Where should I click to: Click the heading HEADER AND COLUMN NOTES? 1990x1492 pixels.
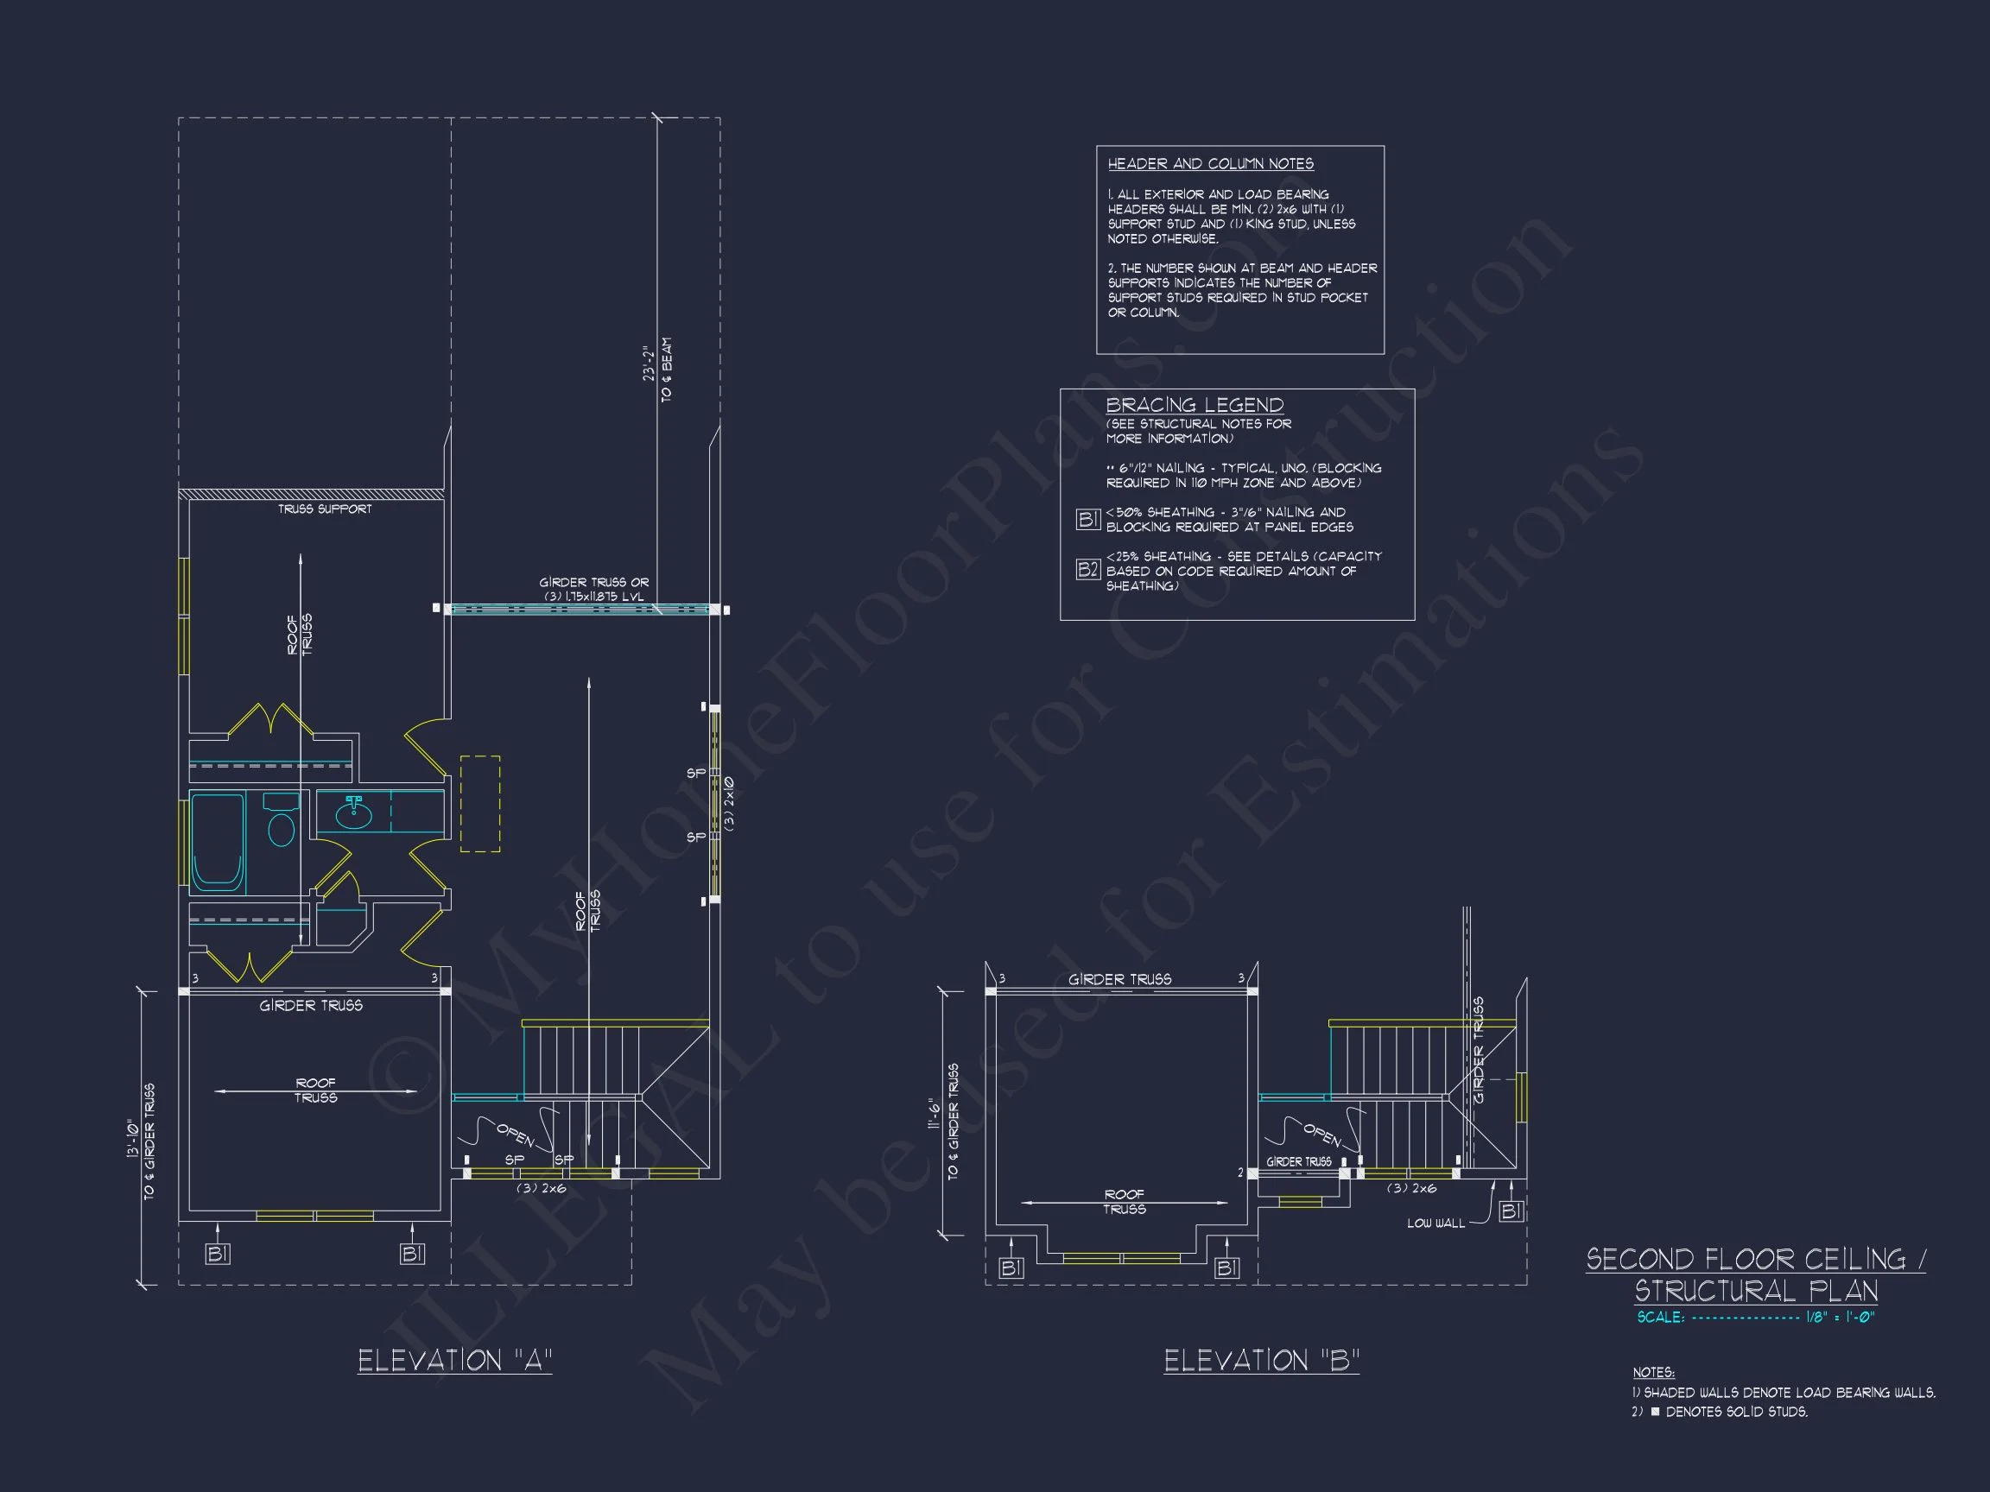[1210, 164]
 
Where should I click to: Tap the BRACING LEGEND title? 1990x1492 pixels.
[1194, 405]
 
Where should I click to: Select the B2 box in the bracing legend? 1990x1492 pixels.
[1087, 569]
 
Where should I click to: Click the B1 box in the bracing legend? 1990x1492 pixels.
[1087, 519]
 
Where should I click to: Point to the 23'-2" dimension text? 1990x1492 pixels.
[648, 364]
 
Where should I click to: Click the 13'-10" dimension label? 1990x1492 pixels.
[133, 1139]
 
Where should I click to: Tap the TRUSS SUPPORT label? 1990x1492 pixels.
[324, 509]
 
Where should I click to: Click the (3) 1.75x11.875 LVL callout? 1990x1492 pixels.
[593, 597]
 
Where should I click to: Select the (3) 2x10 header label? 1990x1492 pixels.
[729, 804]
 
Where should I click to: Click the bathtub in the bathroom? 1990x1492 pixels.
[217, 842]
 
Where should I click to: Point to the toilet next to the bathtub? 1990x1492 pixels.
[282, 822]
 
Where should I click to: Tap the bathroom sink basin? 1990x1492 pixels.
[353, 816]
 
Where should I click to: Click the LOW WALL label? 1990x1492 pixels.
[1435, 1223]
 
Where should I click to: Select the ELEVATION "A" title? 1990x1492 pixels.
[454, 1361]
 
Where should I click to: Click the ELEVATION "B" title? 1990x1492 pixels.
[1260, 1361]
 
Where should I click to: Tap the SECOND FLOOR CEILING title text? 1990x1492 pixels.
[1755, 1259]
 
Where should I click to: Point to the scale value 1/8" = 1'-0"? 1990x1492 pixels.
[1840, 1318]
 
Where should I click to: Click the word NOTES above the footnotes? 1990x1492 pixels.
[1653, 1372]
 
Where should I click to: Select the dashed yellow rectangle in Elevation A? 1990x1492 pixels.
[480, 804]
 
